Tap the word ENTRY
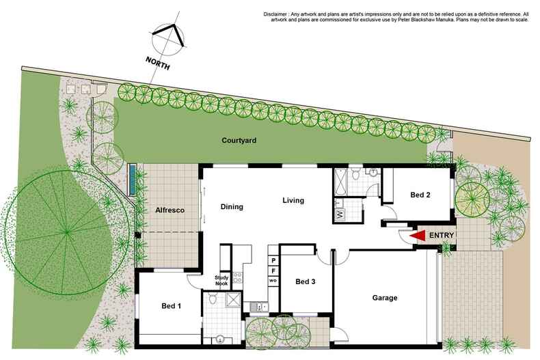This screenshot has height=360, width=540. click(441, 236)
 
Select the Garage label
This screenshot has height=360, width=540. click(385, 299)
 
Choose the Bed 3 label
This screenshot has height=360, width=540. click(306, 281)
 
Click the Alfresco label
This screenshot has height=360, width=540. click(167, 211)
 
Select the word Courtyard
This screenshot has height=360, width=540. click(239, 141)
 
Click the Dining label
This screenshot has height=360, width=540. click(232, 206)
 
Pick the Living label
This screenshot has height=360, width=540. click(293, 201)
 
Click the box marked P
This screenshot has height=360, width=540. click(273, 261)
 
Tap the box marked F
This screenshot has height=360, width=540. click(273, 271)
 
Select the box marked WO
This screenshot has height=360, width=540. click(273, 281)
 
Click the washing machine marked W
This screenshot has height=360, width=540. click(340, 214)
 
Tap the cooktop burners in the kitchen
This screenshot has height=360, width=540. click(237, 278)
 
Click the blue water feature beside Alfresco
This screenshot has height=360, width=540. click(130, 180)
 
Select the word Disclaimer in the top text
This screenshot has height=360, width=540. click(278, 14)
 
